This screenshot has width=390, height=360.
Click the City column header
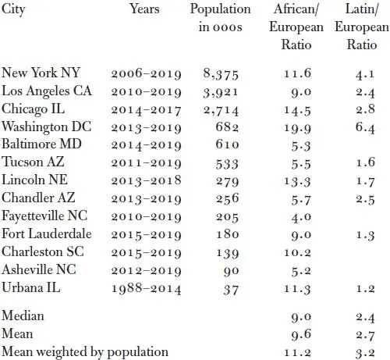point(13,10)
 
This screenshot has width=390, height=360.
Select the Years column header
point(144,9)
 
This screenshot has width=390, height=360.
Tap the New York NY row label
point(41,73)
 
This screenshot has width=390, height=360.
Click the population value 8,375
point(221,74)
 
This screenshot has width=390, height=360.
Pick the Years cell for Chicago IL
point(146,110)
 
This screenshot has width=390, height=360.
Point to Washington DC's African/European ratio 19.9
point(297,128)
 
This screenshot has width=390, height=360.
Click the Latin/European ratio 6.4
point(365,128)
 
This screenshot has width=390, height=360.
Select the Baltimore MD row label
point(41,144)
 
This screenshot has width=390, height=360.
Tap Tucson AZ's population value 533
point(227,164)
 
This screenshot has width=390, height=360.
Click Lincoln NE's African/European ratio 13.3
point(297,182)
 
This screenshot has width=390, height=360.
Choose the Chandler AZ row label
point(38,198)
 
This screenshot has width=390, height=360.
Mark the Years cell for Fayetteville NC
point(146,217)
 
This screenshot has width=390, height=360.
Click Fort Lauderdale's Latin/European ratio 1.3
point(365,235)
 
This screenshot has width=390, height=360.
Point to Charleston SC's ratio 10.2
point(297,253)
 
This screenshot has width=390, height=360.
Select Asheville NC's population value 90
point(231,271)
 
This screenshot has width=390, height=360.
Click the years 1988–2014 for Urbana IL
point(146,289)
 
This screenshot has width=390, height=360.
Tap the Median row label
point(23,316)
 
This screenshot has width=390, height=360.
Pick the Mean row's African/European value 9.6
point(301,335)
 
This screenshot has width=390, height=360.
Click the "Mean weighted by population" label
point(85,352)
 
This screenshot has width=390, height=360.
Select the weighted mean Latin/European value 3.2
point(365,353)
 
